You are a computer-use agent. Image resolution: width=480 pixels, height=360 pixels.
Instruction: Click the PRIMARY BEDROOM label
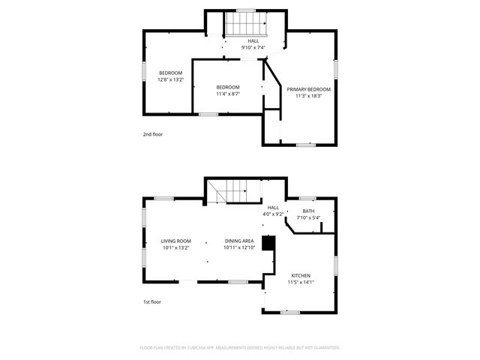(x=308, y=89)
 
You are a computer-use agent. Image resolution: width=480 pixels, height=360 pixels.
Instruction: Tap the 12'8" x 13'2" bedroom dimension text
(x=169, y=79)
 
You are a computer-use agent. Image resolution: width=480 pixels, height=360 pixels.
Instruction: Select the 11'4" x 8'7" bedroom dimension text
(x=228, y=94)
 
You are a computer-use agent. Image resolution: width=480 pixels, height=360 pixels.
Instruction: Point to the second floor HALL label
(x=253, y=40)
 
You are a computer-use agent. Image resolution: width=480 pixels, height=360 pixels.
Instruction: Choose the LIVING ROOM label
(x=176, y=241)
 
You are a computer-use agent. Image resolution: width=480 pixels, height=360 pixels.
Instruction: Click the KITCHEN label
(x=301, y=275)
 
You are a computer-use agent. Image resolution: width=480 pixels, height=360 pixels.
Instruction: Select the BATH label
(x=308, y=211)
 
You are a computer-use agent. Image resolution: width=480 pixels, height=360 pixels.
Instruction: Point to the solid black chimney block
(x=268, y=244)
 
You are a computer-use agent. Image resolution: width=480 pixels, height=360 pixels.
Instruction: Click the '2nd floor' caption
(x=153, y=134)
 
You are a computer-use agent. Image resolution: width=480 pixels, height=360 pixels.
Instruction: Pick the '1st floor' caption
(x=152, y=301)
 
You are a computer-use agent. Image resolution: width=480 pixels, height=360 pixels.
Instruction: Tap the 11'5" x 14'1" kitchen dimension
(x=301, y=282)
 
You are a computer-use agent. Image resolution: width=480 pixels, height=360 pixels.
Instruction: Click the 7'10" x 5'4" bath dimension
(x=308, y=217)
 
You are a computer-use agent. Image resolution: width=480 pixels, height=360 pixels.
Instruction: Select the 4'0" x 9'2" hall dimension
(x=273, y=214)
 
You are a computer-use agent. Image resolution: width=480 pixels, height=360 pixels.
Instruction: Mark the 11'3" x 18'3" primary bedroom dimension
(x=308, y=96)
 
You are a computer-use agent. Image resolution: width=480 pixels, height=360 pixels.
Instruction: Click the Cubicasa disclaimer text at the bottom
(x=240, y=347)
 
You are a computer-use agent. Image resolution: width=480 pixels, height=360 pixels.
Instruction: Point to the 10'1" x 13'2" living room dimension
(x=176, y=247)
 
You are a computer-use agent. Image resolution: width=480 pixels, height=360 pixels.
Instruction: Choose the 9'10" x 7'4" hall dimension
(x=253, y=47)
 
